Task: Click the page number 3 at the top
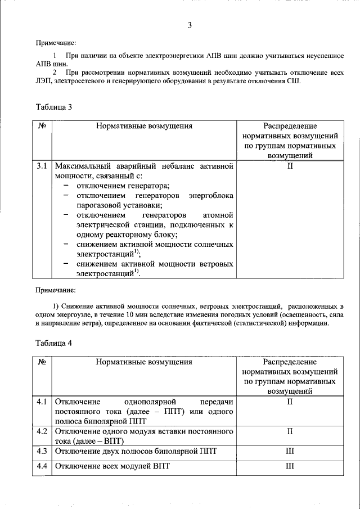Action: (190, 25)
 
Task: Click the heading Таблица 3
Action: (54, 107)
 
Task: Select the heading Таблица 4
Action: (54, 343)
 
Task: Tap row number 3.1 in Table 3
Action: (42, 166)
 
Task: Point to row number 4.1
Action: (42, 402)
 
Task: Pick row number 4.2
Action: (42, 431)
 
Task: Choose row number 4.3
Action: (42, 451)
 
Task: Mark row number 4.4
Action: (42, 467)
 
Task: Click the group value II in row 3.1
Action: (290, 166)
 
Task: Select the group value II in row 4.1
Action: (290, 402)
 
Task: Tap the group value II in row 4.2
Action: (290, 431)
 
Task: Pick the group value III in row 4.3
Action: (290, 451)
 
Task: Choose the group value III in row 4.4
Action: (290, 467)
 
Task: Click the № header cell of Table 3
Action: (42, 126)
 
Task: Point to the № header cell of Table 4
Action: (42, 362)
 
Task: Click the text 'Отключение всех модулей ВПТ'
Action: (112, 467)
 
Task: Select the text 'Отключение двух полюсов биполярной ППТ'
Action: (136, 451)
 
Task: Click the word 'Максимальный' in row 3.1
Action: (80, 166)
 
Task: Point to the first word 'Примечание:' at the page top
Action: (56, 43)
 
